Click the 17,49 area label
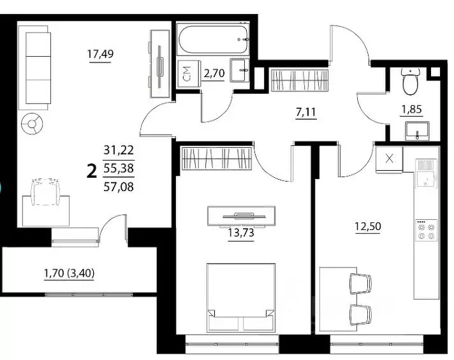tap(101, 54)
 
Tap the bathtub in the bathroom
tap(214, 40)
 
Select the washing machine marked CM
tap(188, 73)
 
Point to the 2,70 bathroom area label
tap(214, 73)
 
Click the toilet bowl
tap(410, 82)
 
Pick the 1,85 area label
tap(411, 110)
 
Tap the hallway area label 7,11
tap(306, 112)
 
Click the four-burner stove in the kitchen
tap(427, 231)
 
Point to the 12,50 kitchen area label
tap(368, 226)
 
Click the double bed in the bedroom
tap(241, 297)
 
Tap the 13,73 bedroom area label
tap(241, 233)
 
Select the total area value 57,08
tap(119, 187)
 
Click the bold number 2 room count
tap(92, 171)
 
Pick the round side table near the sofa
tap(32, 124)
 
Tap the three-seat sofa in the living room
tap(33, 68)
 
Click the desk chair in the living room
tap(46, 192)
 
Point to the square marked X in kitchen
tap(390, 159)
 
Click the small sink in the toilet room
tap(417, 131)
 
